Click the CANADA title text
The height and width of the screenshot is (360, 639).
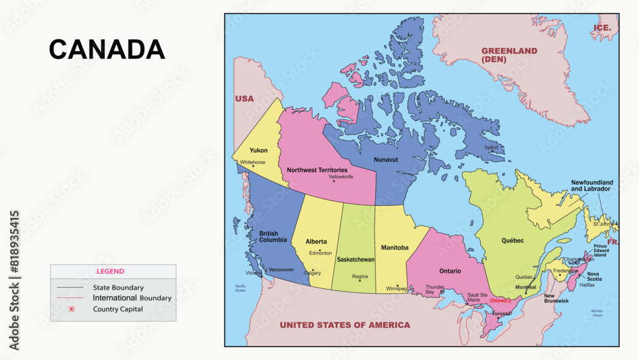point(107,50)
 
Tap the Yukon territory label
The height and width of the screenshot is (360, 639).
point(259,150)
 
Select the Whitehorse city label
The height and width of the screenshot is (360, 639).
point(252,162)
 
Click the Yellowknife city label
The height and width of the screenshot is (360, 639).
point(341,176)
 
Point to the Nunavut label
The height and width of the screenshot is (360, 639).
point(385,159)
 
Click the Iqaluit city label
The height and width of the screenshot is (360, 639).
point(491,146)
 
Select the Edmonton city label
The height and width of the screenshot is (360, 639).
point(320,253)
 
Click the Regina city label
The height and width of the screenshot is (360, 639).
point(360,277)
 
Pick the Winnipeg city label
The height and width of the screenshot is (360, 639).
point(396,288)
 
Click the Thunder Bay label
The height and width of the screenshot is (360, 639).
point(435,290)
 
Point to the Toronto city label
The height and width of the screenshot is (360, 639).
point(501,314)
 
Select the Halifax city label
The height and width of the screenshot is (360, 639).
point(587,285)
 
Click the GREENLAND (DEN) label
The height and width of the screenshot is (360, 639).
point(509,55)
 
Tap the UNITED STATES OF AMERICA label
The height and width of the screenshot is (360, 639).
point(345,325)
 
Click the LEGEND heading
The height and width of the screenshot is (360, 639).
point(111,271)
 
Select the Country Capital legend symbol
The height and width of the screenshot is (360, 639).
point(72,309)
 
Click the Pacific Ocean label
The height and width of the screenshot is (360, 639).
point(240,288)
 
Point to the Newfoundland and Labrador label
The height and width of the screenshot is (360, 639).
point(592,185)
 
